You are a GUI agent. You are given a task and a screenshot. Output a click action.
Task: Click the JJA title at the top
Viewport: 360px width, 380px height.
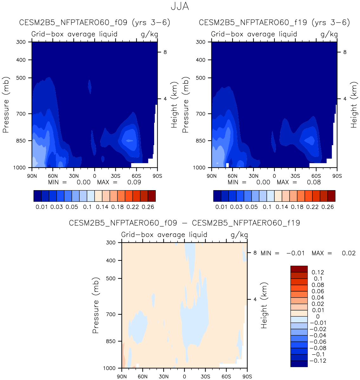click(180, 7)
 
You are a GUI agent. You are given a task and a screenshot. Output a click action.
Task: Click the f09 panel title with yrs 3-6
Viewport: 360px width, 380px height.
click(95, 23)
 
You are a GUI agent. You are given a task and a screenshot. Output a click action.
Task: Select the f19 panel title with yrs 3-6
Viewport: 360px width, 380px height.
click(274, 23)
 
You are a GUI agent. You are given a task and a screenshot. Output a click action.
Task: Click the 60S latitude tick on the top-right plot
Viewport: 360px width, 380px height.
click(316, 176)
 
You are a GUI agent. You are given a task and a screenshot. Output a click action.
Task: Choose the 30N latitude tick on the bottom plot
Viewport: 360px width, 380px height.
click(163, 377)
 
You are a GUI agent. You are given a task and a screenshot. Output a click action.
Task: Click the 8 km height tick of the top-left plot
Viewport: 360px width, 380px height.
click(165, 52)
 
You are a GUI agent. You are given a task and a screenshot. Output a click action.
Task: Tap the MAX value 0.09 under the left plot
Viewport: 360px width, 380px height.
click(134, 182)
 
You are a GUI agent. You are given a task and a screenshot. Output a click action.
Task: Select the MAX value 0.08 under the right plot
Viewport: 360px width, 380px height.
click(314, 182)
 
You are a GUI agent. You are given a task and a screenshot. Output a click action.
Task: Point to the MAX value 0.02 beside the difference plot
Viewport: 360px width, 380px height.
click(349, 253)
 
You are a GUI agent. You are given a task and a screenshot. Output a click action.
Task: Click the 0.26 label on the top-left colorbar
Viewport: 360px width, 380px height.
click(148, 207)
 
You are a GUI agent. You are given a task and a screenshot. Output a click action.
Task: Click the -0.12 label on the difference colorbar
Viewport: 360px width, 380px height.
click(318, 361)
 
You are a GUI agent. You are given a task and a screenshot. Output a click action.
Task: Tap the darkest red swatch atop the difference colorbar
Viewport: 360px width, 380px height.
click(299, 269)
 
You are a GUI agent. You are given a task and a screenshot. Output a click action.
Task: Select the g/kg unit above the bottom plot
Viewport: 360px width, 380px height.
click(239, 235)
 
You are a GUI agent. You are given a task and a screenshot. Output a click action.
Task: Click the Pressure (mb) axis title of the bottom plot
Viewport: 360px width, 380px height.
click(95, 305)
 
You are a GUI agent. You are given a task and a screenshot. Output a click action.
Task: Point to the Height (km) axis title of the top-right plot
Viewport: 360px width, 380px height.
click(354, 105)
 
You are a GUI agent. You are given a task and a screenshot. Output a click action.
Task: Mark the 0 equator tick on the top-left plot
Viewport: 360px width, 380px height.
click(95, 176)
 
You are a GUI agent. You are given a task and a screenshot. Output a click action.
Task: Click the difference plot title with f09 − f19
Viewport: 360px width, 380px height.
click(184, 223)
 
